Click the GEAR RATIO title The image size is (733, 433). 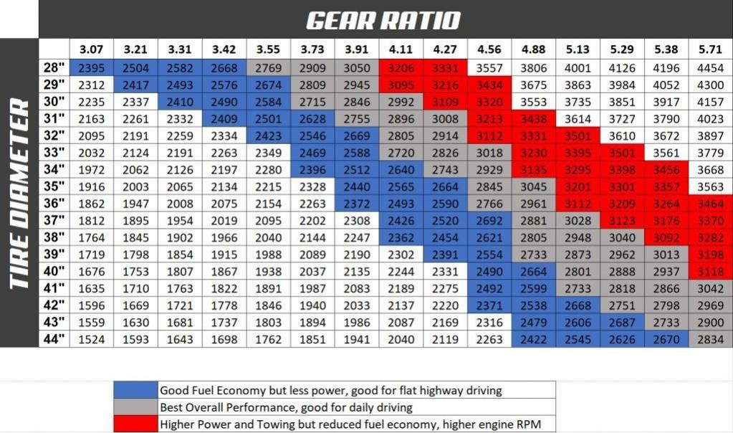pyautogui.click(x=383, y=21)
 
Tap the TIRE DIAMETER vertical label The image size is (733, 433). pyautogui.click(x=19, y=193)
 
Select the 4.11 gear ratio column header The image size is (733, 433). pyautogui.click(x=401, y=49)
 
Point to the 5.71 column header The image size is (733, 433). pyautogui.click(x=710, y=49)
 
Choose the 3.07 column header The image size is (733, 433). pyautogui.click(x=91, y=49)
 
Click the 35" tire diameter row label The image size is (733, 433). pyautogui.click(x=54, y=186)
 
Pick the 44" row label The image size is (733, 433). pyautogui.click(x=54, y=338)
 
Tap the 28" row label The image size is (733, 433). pyautogui.click(x=54, y=67)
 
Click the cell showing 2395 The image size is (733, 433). pyautogui.click(x=91, y=68)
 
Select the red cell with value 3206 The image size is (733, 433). pyautogui.click(x=401, y=68)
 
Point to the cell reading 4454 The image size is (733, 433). pyautogui.click(x=710, y=68)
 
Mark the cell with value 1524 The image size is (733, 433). pyautogui.click(x=91, y=339)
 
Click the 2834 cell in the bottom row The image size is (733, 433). pyautogui.click(x=710, y=339)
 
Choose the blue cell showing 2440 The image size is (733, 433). pyautogui.click(x=357, y=186)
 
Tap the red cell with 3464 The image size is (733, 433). pyautogui.click(x=710, y=204)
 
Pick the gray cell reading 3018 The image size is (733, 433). pyautogui.click(x=489, y=153)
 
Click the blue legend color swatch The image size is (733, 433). pyautogui.click(x=135, y=390)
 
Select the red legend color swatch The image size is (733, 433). pyautogui.click(x=135, y=424)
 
